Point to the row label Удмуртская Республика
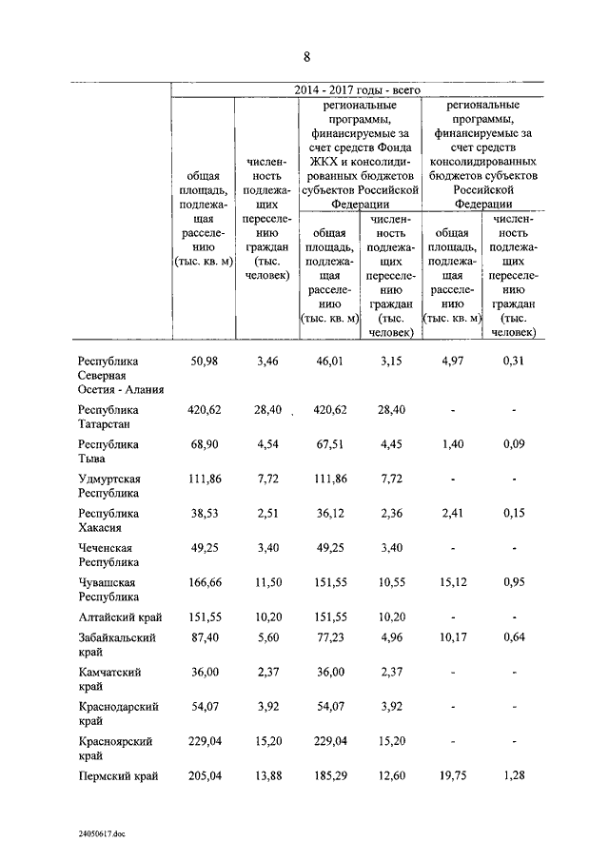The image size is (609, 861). coord(110,485)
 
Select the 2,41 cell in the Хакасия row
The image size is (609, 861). coord(450,513)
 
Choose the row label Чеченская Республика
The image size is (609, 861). coord(107,555)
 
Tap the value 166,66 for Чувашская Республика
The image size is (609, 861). coord(199,582)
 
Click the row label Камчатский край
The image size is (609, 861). coord(110,678)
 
